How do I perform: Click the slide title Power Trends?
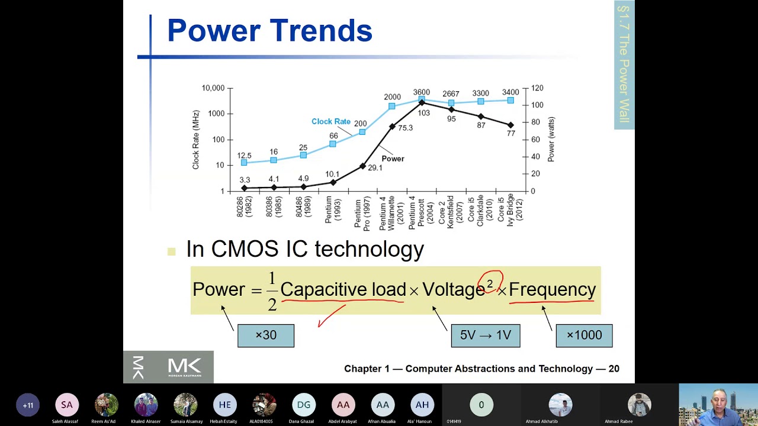[x=269, y=31]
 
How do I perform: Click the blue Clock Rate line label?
[x=330, y=121]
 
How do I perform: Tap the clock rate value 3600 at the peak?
[x=421, y=92]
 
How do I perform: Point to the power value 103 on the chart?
[x=423, y=113]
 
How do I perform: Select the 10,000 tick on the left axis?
[x=213, y=88]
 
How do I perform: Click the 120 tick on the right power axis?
[x=537, y=88]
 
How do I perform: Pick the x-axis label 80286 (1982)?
[x=244, y=207]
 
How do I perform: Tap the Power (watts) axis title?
[x=551, y=140]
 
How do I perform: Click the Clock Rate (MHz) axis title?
[x=195, y=140]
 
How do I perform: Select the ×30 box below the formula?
[x=265, y=335]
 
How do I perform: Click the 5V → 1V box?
[x=485, y=335]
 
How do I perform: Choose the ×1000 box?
[x=584, y=335]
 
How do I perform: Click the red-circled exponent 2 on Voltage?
[x=490, y=283]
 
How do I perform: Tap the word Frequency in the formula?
[x=552, y=289]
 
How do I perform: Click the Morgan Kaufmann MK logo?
[x=168, y=367]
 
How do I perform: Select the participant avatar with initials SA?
[x=67, y=405]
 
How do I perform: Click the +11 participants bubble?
[x=28, y=405]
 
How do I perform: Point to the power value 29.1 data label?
[x=375, y=168]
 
